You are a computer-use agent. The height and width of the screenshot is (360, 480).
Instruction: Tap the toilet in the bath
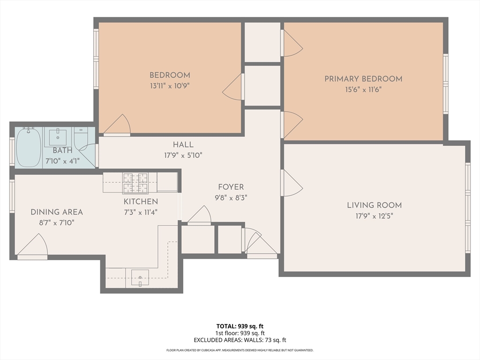pos(81,137)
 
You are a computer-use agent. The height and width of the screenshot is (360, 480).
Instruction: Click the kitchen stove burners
pos(135,183)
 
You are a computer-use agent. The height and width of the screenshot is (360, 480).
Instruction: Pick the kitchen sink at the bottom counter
pos(140,277)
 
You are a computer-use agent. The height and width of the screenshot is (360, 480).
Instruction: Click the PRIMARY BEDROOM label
pos(363,79)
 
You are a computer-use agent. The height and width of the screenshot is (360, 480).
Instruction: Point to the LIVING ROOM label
pos(374,205)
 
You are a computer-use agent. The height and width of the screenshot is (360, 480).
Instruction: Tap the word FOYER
pos(231,187)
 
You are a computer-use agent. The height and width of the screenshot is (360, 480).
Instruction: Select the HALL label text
pos(183,145)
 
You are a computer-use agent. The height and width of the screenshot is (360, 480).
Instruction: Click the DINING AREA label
pos(57,212)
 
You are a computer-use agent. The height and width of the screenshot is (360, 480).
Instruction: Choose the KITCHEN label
pos(141,202)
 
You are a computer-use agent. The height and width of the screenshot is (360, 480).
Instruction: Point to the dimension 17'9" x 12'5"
pos(374,216)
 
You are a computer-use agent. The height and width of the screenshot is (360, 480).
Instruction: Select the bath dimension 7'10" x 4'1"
pos(62,161)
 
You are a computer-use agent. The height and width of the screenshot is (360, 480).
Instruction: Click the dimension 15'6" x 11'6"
pos(363,90)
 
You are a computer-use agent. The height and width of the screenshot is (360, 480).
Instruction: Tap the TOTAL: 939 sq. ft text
pos(240,326)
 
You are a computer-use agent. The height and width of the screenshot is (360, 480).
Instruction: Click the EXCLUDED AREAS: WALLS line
pos(240,340)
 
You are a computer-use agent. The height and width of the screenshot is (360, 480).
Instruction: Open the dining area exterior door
pos(33,247)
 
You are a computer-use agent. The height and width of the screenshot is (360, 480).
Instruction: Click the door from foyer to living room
pos(291,183)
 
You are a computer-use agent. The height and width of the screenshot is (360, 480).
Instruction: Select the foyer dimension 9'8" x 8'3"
pos(231,198)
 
